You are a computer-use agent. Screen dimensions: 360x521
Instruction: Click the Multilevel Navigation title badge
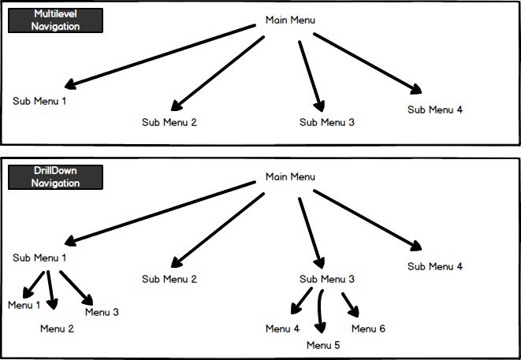(x=55, y=20)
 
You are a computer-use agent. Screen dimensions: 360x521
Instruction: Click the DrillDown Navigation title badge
(x=55, y=177)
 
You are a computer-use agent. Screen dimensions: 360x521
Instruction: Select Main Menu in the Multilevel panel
(x=290, y=20)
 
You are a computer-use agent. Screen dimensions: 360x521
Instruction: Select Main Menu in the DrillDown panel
(x=290, y=176)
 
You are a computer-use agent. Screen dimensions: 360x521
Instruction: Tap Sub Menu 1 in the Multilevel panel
(x=39, y=101)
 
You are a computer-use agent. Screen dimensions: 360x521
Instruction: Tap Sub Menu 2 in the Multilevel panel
(x=169, y=122)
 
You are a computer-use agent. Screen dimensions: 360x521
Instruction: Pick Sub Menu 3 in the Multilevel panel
(x=327, y=122)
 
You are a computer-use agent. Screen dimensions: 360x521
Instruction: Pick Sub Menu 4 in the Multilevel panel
(x=435, y=109)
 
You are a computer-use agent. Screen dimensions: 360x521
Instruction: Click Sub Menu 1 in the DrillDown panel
(x=39, y=258)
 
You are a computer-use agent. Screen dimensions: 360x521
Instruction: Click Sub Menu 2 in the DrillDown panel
(x=169, y=279)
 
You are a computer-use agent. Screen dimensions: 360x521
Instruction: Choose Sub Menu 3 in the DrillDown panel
(x=327, y=279)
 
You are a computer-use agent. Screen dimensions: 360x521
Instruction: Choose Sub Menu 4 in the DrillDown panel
(x=435, y=266)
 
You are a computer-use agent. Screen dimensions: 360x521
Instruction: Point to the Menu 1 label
(x=24, y=305)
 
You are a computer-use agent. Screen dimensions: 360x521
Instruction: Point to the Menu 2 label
(x=57, y=328)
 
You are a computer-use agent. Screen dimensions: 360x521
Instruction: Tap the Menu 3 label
(x=102, y=313)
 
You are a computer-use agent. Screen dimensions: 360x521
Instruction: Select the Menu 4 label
(x=282, y=328)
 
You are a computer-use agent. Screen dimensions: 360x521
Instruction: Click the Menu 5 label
(x=324, y=345)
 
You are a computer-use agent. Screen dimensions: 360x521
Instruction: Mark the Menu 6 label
(x=368, y=328)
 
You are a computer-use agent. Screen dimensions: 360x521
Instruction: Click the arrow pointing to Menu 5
(x=320, y=311)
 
